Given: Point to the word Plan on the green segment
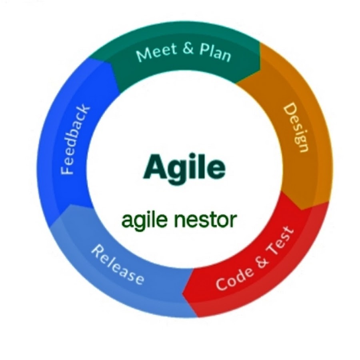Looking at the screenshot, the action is click(215, 52).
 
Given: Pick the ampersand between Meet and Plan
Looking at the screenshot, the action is click(188, 48).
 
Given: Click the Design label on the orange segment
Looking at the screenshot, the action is click(296, 128).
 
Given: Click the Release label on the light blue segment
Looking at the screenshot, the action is click(118, 265).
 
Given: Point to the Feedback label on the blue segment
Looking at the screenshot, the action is click(75, 140).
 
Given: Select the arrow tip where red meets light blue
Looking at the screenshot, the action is click(182, 294).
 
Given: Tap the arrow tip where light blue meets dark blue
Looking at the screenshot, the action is click(72, 204).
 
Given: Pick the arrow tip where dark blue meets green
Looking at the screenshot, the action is click(112, 64).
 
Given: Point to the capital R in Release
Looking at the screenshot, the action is click(98, 251).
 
